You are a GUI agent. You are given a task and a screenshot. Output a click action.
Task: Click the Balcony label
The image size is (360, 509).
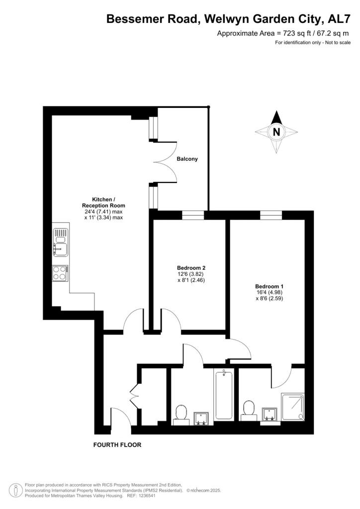187,159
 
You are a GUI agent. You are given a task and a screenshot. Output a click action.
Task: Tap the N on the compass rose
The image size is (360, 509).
276,132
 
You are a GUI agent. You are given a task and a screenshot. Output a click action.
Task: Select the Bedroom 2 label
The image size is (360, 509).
191,267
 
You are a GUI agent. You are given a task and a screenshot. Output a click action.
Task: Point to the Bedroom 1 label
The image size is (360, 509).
269,286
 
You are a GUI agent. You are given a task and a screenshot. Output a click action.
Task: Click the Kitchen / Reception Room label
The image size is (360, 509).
103,202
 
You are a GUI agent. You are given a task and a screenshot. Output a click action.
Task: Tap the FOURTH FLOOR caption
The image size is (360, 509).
117,445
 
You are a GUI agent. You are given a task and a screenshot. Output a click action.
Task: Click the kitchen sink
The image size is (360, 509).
60,242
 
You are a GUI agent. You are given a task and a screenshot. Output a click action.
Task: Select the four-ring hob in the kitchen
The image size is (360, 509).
60,273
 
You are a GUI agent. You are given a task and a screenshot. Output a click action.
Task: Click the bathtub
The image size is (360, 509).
224,395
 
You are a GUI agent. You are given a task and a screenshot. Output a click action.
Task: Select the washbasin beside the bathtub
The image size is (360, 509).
202,418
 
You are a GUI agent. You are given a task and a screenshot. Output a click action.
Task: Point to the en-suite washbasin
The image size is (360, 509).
270,414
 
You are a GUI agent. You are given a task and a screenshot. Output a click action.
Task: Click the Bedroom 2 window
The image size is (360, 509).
193,215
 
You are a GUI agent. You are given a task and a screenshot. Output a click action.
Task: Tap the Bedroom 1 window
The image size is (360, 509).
270,215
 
